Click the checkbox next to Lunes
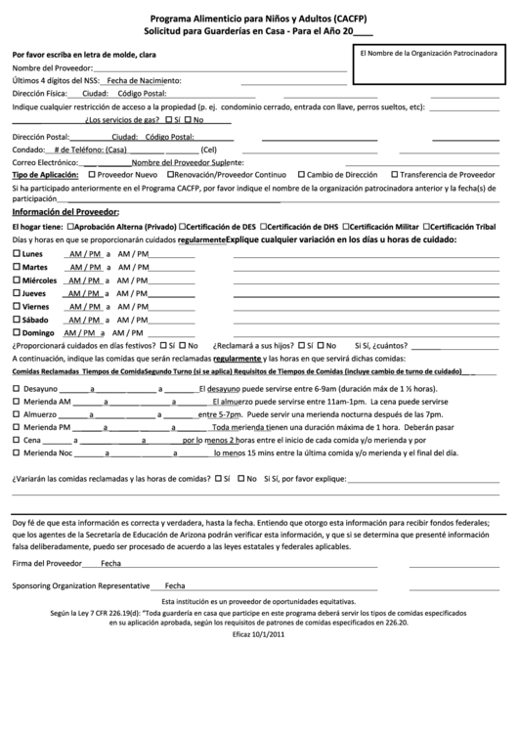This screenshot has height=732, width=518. tap(16, 254)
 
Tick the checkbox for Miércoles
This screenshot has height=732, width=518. tap(16, 280)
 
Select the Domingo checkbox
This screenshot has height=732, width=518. tap(16, 332)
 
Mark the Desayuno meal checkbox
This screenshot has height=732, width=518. tap(16, 388)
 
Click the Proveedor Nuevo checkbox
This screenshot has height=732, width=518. tap(93, 173)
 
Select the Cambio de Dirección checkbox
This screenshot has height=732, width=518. tap(300, 173)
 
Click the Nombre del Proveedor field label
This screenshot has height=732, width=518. tap(54, 68)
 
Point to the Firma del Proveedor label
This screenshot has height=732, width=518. tap(47, 564)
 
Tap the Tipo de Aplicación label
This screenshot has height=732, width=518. tap(45, 173)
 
